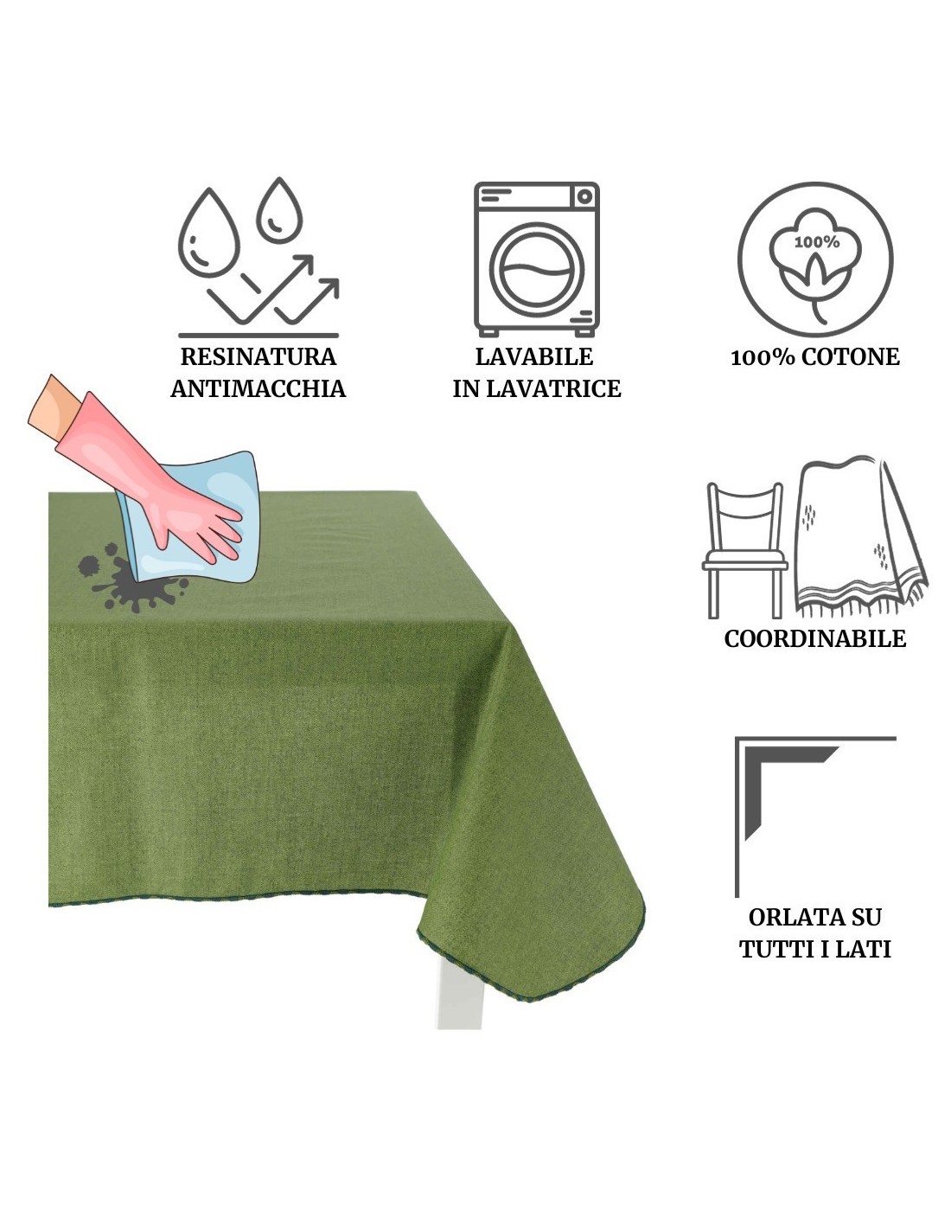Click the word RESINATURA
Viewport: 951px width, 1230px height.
258,357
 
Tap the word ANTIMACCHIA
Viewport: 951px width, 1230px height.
258,389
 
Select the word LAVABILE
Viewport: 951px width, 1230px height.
534,357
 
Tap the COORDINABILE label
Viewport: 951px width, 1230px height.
814,638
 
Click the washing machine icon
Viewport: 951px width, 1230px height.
536,259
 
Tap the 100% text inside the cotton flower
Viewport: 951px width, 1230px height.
816,243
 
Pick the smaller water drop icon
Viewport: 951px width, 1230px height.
279,210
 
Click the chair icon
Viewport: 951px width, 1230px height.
744,550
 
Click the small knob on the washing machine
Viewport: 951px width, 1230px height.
584,197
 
